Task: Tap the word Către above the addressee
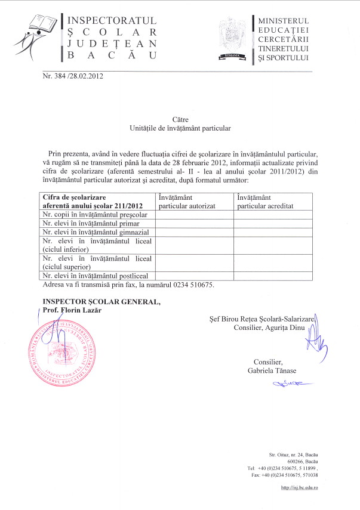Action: [180, 120]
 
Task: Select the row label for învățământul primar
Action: [90, 223]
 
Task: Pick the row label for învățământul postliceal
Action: [95, 276]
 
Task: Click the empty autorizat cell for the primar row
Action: [194, 223]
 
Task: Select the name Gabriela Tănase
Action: [272, 372]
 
